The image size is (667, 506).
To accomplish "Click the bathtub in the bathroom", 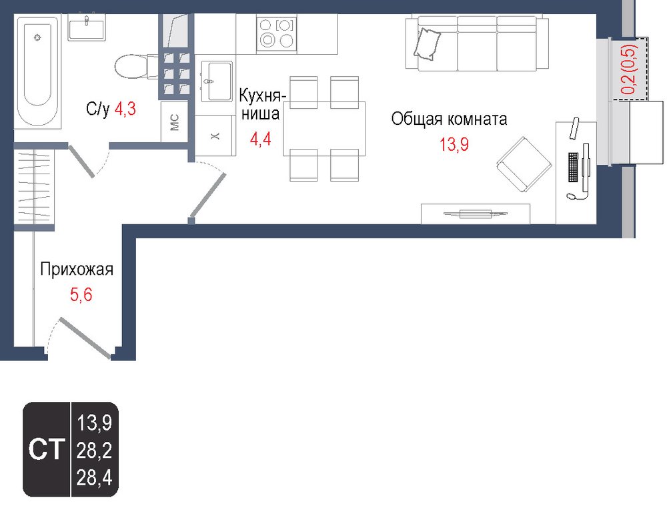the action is click(x=38, y=72).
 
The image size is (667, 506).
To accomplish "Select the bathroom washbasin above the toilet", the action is click(x=87, y=27).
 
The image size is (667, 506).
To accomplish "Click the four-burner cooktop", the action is click(x=277, y=33).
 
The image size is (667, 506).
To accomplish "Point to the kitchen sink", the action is click(x=217, y=81).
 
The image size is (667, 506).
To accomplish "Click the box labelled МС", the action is click(x=174, y=122).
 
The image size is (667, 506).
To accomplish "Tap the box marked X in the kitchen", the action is click(x=215, y=136).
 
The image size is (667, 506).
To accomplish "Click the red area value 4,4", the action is click(x=260, y=139).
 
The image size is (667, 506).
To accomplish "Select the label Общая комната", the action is click(x=449, y=119).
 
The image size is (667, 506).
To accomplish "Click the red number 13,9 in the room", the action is click(x=454, y=144).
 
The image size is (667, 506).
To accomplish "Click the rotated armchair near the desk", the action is click(x=524, y=164).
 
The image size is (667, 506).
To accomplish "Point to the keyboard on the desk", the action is click(x=574, y=168).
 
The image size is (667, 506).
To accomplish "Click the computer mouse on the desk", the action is click(x=570, y=196).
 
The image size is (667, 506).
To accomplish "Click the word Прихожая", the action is click(x=77, y=270).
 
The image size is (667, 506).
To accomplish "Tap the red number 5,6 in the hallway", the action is click(x=81, y=294).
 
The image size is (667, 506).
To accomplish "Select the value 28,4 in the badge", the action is click(x=94, y=478).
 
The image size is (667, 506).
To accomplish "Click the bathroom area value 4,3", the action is click(x=125, y=109).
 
